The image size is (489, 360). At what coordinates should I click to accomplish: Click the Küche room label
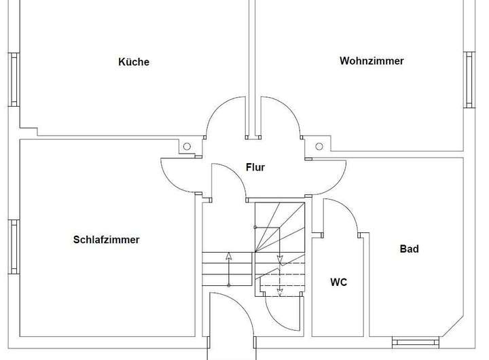click(x=134, y=62)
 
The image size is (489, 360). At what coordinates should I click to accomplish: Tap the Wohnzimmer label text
click(x=372, y=60)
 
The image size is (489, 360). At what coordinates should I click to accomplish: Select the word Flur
click(x=255, y=167)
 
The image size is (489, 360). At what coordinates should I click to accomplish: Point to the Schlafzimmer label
click(x=106, y=240)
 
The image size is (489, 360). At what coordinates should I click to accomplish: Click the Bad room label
click(x=409, y=249)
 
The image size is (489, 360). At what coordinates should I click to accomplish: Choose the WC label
click(x=338, y=282)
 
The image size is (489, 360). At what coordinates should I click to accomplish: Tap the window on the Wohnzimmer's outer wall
click(x=469, y=79)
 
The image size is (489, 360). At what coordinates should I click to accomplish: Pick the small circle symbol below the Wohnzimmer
click(x=319, y=145)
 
